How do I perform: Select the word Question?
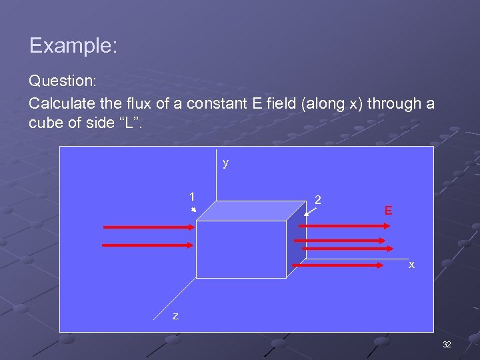coord(62,81)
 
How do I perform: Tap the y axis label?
coord(226,163)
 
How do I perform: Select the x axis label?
coord(411,265)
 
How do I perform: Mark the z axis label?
coord(175,316)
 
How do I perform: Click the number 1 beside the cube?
coord(192,197)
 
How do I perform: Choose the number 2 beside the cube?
coord(318,199)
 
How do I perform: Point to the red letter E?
coord(388,211)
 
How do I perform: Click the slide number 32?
coord(447,345)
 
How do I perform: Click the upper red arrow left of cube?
coord(149,227)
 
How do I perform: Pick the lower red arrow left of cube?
coord(149,245)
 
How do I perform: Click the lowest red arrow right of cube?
coord(341,265)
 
